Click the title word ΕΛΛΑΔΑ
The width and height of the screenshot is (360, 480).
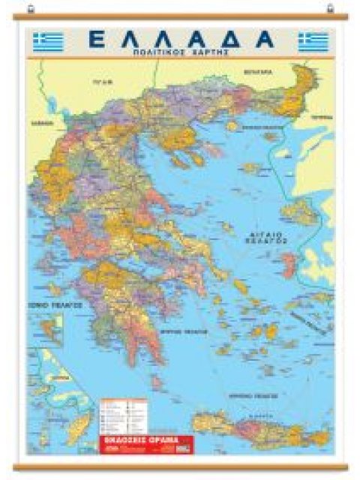click(180, 39)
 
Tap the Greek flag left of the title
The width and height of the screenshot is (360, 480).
click(49, 41)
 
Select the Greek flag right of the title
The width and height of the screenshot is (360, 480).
click(313, 41)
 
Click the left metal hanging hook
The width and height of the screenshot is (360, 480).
click(30, 8)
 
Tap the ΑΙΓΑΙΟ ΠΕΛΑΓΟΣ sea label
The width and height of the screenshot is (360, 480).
click(265, 238)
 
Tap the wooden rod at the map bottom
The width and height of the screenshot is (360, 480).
click(180, 466)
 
